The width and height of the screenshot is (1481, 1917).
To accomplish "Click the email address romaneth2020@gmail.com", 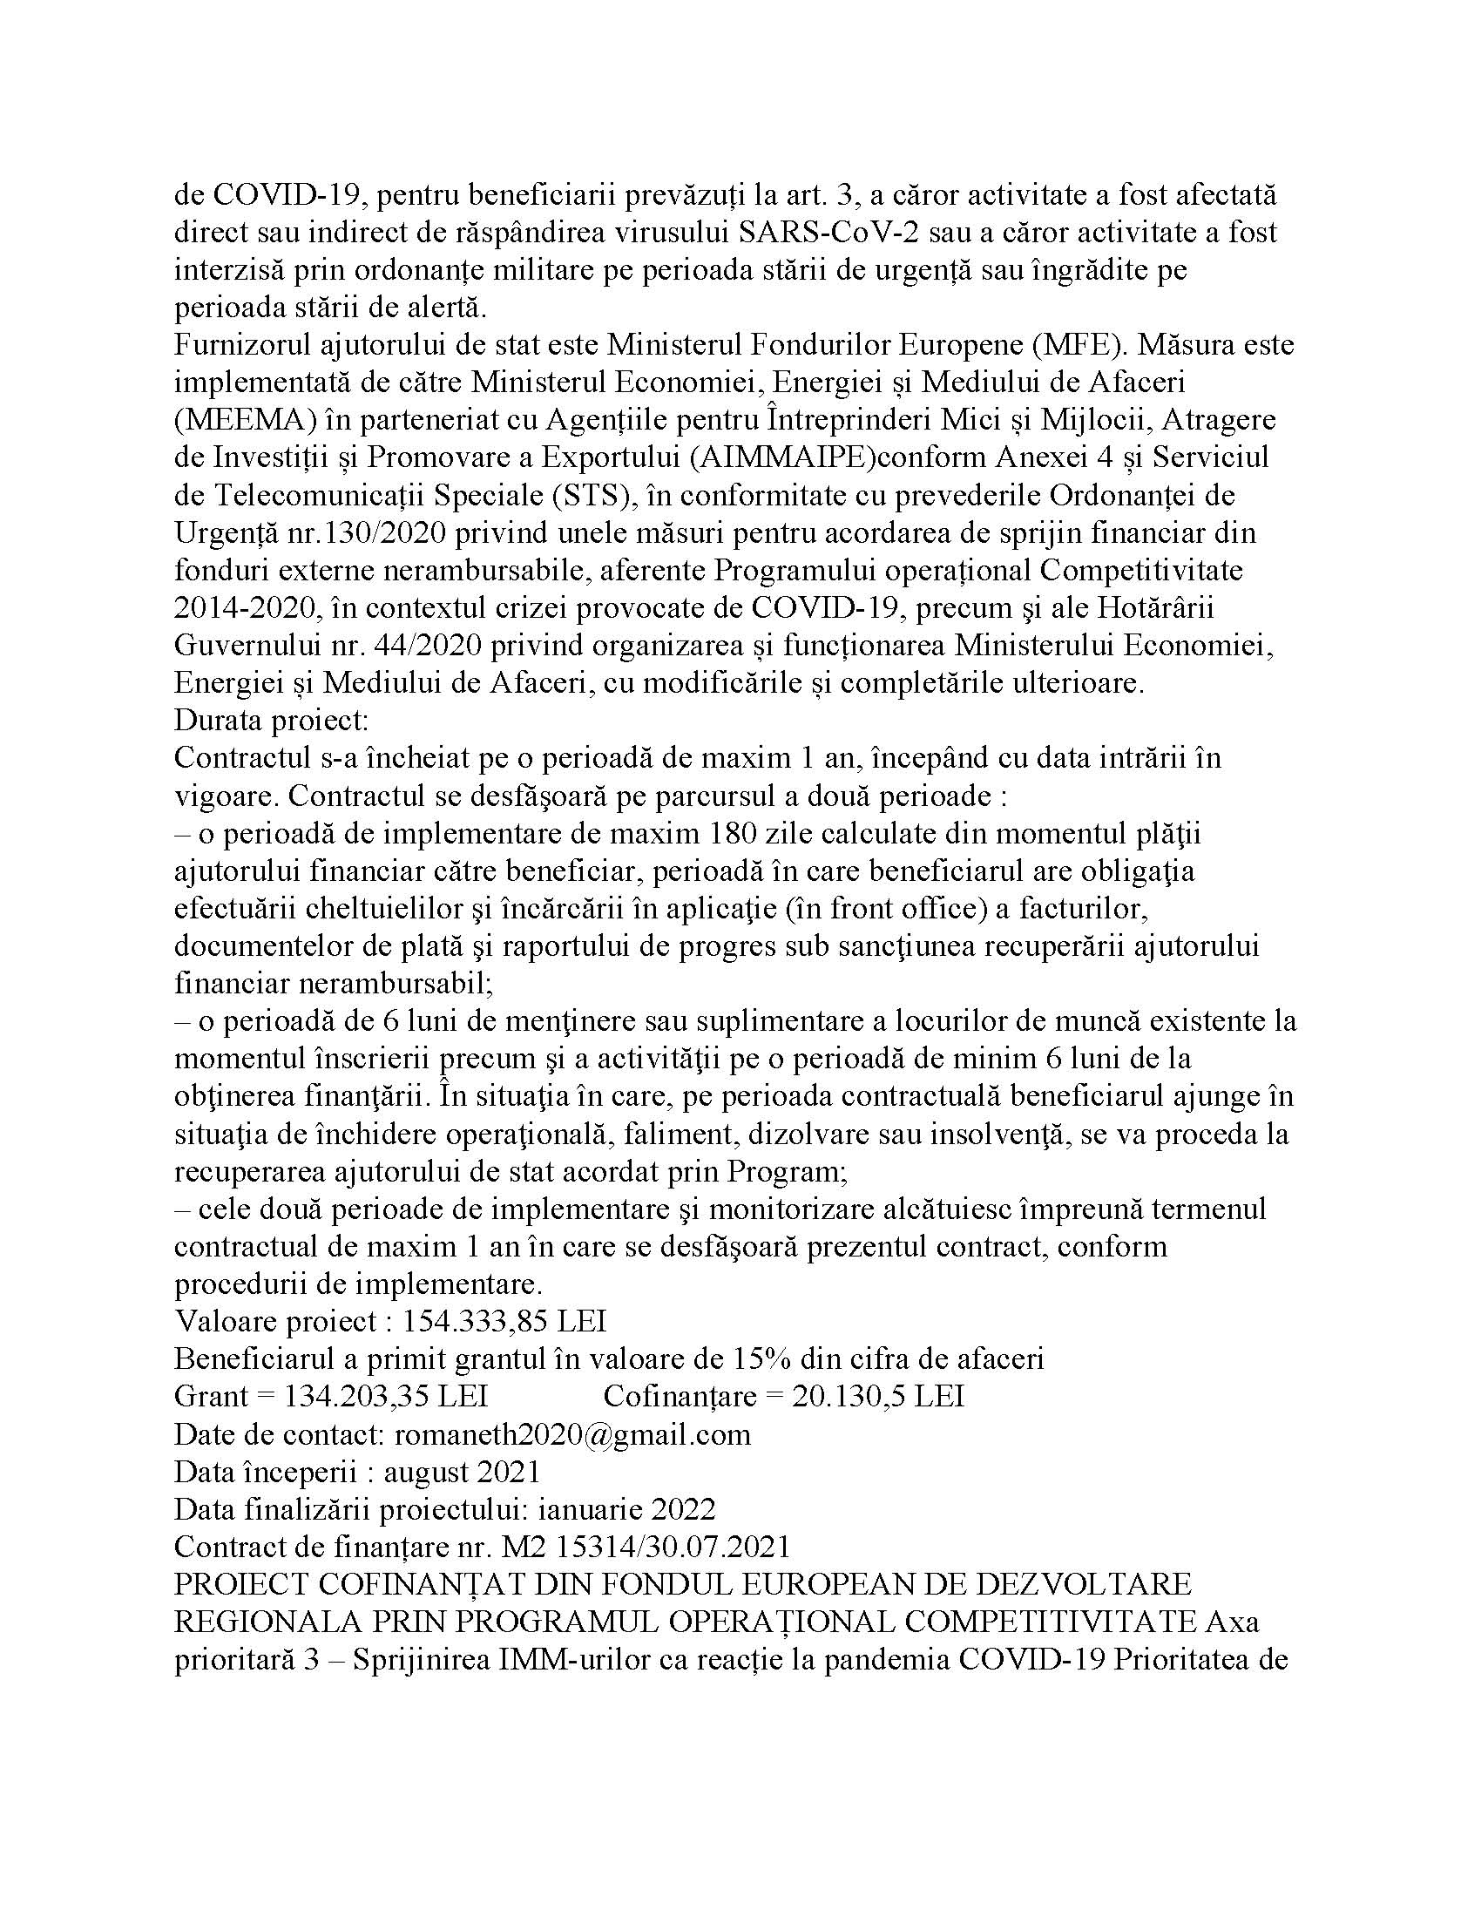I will (572, 1434).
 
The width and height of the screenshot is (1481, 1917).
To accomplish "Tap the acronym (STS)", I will (593, 495).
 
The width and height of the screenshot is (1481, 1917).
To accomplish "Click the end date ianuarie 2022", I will (626, 1509).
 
